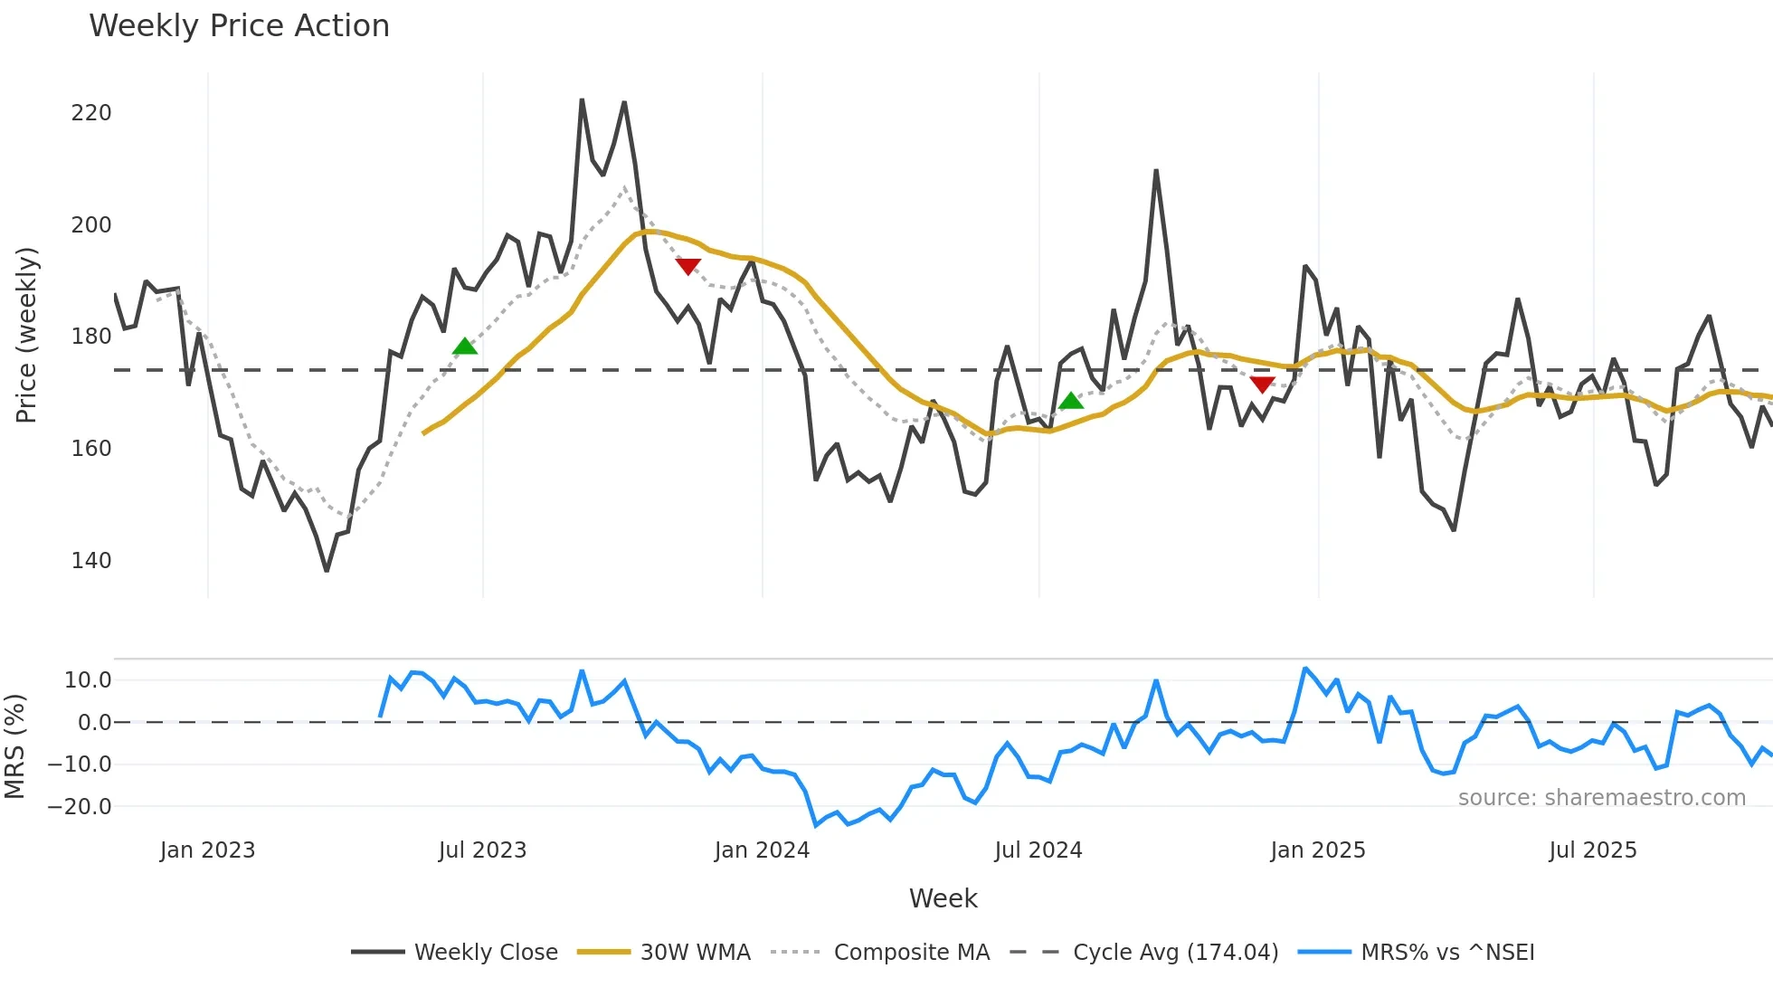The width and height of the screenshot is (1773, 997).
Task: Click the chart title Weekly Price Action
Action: (239, 26)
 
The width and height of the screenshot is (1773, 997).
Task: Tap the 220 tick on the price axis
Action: (91, 113)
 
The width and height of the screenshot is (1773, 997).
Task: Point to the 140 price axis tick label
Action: (91, 561)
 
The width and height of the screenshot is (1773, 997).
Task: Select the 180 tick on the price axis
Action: (91, 337)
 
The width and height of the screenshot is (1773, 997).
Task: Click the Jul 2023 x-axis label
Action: (482, 850)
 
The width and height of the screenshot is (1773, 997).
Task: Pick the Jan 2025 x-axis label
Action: (1317, 850)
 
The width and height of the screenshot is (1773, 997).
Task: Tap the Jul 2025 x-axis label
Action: (1593, 850)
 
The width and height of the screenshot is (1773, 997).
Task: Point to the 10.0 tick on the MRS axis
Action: (88, 680)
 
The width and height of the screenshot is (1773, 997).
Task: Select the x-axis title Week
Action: (943, 898)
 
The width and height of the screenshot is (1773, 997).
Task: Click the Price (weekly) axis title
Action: (26, 335)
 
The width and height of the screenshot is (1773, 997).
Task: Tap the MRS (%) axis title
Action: (14, 746)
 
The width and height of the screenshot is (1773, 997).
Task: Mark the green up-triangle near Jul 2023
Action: (464, 347)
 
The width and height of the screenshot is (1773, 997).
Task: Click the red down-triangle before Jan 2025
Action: (1262, 385)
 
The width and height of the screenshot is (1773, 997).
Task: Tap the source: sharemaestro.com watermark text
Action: (1601, 798)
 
